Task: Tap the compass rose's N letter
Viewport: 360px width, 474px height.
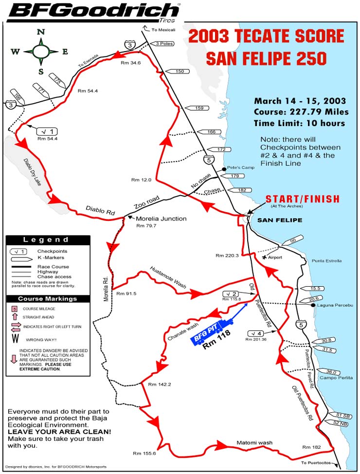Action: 41,32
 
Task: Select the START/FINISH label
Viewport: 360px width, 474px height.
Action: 302,200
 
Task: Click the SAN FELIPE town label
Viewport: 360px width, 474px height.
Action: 280,220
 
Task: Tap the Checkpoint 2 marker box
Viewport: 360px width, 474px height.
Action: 231,294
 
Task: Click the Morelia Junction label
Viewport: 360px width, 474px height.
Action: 161,219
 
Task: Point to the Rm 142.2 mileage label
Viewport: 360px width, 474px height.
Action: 159,384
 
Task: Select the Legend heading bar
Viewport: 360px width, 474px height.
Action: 48,240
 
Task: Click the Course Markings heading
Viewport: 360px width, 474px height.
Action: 48,299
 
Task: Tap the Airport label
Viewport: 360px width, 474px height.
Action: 279,256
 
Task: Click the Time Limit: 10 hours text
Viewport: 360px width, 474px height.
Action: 299,123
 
